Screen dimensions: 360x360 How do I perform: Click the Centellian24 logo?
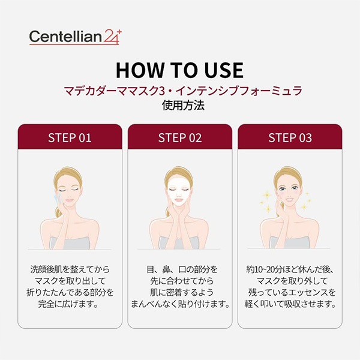point(75,37)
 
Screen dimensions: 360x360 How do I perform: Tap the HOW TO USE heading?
point(179,70)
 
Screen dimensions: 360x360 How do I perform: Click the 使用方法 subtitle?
point(183,106)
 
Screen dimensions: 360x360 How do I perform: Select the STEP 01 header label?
point(70,138)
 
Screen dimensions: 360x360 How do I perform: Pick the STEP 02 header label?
point(180,138)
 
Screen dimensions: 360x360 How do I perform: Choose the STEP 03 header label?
point(290,138)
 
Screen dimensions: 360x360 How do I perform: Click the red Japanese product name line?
point(183,91)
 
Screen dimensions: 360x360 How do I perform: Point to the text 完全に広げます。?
point(68,304)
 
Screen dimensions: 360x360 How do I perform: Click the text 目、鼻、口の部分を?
point(182,269)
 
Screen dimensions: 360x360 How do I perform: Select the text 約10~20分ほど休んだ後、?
point(290,269)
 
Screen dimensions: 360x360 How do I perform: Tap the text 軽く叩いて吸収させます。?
point(290,304)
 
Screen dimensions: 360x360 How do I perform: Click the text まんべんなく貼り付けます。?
point(180,304)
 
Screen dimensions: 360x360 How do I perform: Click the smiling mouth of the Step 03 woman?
point(289,199)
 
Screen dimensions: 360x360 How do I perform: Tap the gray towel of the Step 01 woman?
point(70,244)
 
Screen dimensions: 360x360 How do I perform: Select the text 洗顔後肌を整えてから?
point(70,269)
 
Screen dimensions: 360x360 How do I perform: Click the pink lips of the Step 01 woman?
point(70,200)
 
